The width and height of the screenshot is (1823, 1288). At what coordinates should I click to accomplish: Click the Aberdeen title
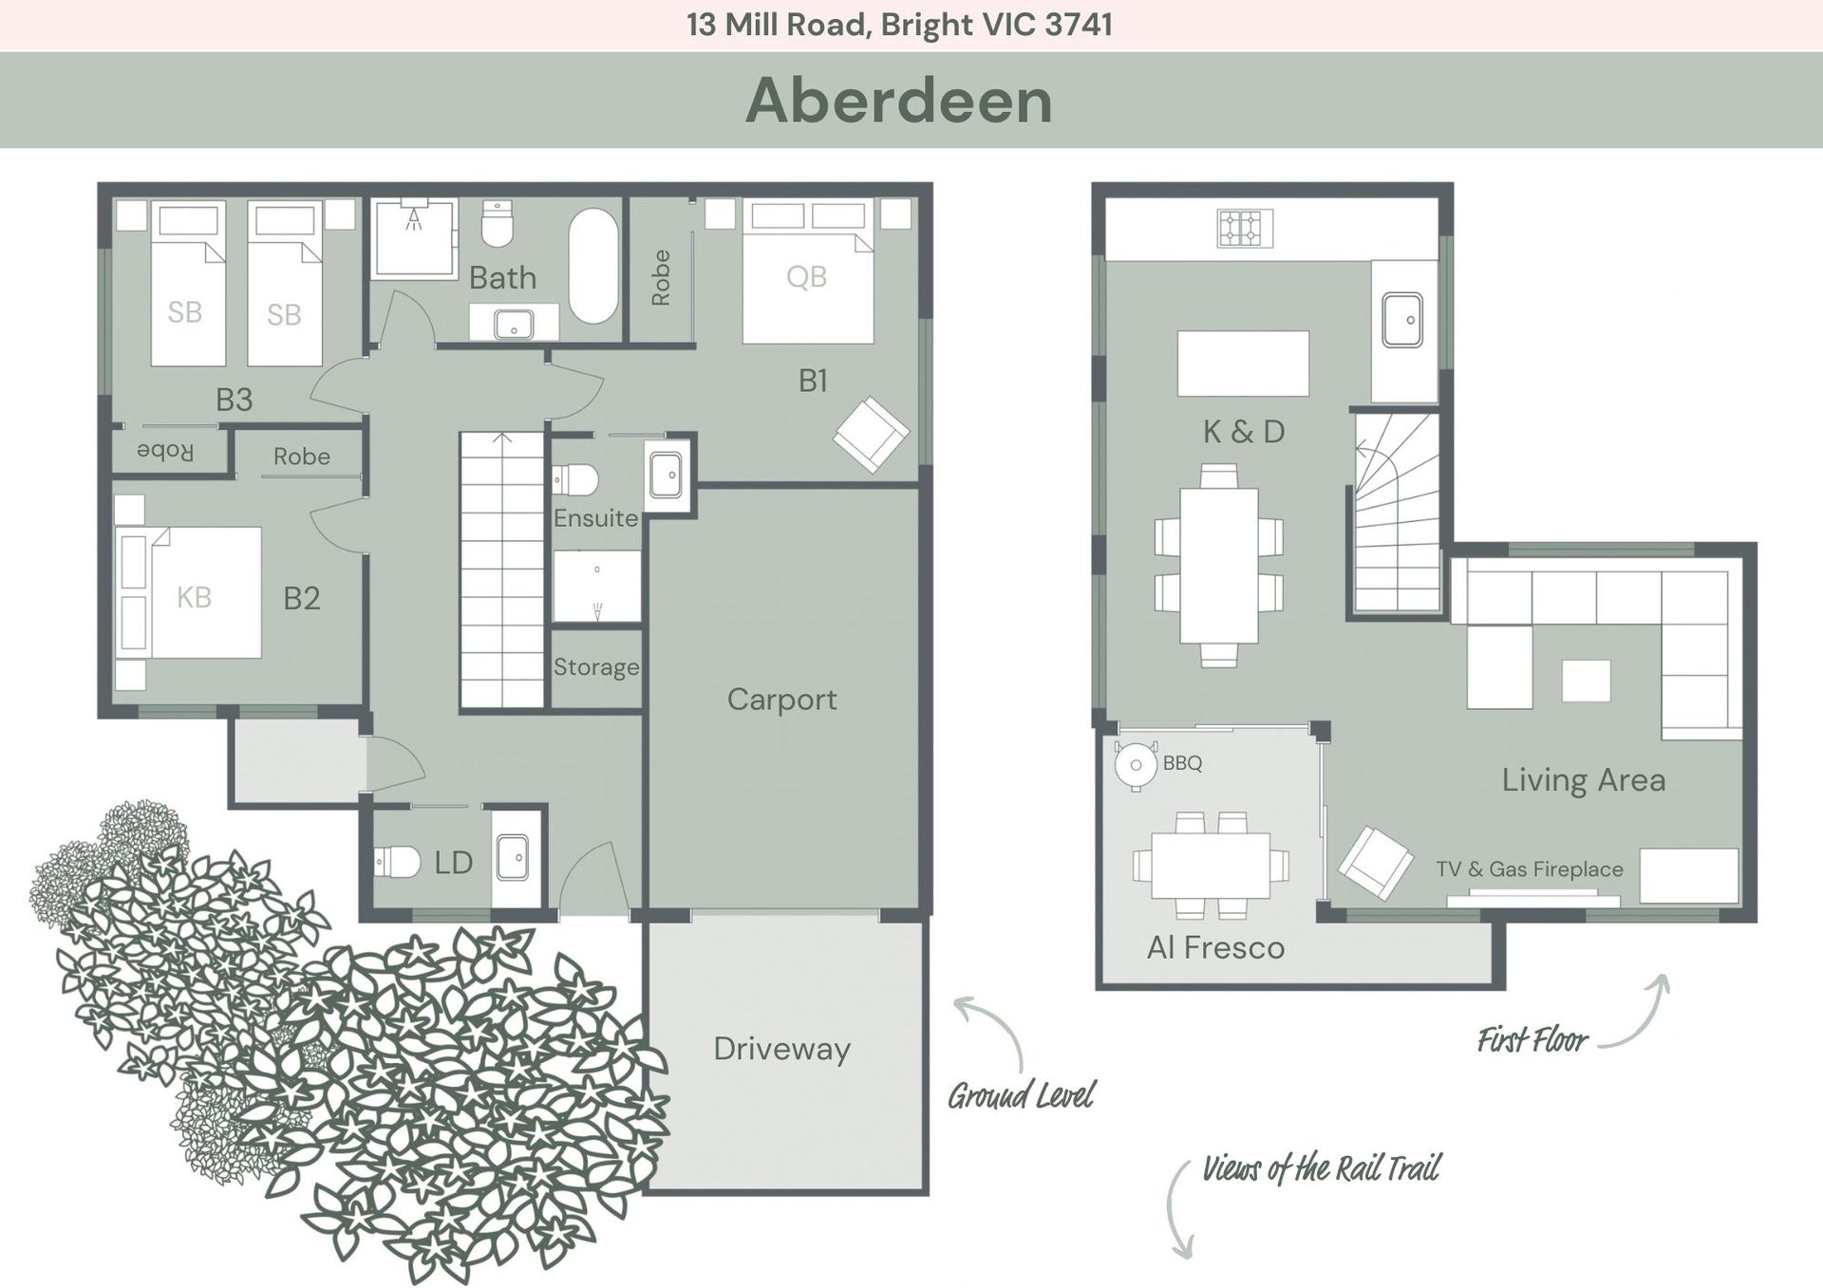click(898, 100)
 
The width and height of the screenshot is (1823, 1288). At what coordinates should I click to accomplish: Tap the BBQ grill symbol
click(1136, 764)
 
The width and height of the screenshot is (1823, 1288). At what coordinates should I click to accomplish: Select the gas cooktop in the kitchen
click(1244, 228)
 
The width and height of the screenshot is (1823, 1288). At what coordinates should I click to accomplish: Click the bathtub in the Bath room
click(593, 266)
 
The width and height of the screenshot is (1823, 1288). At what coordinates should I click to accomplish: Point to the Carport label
click(781, 700)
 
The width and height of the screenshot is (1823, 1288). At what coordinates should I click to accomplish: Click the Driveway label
click(781, 1049)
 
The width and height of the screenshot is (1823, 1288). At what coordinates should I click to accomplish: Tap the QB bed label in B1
click(806, 277)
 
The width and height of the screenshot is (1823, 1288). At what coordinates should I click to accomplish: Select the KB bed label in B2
click(194, 597)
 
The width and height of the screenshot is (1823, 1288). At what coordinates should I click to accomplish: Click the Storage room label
click(596, 667)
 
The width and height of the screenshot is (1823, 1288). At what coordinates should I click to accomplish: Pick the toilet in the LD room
click(397, 862)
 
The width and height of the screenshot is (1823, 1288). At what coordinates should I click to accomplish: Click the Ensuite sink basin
click(666, 476)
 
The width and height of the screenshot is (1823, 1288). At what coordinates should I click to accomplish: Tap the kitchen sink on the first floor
click(1402, 320)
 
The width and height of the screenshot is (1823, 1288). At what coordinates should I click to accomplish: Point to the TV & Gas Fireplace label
click(1529, 868)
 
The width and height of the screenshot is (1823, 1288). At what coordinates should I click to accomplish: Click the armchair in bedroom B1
click(871, 435)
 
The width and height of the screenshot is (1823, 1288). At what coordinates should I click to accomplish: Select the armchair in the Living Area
click(1375, 863)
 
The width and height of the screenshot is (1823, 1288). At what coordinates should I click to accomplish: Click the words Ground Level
click(1021, 1096)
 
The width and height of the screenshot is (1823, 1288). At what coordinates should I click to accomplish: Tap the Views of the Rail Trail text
click(1321, 1168)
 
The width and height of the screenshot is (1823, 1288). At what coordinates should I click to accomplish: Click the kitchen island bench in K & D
click(1243, 364)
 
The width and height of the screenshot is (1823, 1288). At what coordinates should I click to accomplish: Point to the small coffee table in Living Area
click(1586, 681)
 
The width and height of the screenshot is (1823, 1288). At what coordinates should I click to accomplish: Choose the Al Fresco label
click(1215, 947)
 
